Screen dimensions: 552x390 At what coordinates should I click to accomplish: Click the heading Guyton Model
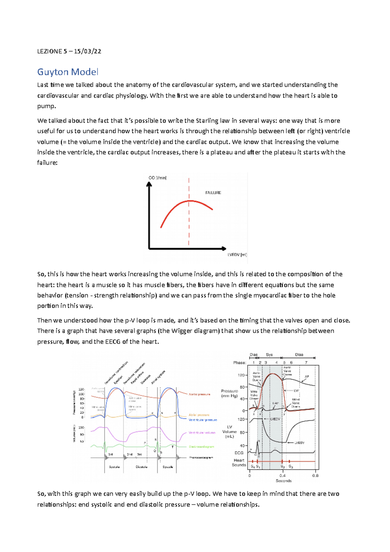tap(68, 72)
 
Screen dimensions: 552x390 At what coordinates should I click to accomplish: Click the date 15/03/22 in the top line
tap(87, 51)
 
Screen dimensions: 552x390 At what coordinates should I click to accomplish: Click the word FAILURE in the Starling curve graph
tap(213, 193)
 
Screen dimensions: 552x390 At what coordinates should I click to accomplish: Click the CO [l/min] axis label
tap(158, 178)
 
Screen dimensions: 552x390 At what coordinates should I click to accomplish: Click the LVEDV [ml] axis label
tap(237, 255)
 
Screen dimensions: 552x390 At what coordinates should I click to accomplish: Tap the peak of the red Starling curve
tap(189, 201)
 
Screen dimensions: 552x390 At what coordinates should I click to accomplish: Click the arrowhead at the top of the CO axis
tap(149, 184)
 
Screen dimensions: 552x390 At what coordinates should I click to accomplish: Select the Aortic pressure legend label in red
tap(199, 394)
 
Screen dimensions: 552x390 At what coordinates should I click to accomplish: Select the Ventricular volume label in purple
tap(202, 433)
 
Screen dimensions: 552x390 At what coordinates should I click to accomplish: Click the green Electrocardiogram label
tap(201, 447)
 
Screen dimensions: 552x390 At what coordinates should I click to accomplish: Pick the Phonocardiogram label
tap(201, 457)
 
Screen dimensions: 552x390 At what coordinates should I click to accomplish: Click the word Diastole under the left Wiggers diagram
tap(141, 467)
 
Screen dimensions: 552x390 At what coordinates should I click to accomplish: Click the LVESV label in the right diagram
tap(299, 443)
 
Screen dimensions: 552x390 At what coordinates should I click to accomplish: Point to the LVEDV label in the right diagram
tap(275, 419)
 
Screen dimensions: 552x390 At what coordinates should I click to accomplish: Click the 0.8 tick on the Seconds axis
tap(315, 475)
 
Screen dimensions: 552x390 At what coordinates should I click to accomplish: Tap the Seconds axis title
tap(283, 481)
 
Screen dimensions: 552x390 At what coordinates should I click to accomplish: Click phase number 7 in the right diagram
tap(306, 362)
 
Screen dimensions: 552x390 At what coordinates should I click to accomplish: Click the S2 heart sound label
tap(282, 467)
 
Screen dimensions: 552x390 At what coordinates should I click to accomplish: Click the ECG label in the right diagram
tap(239, 453)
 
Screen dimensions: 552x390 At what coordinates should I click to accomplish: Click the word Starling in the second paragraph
tap(207, 121)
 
